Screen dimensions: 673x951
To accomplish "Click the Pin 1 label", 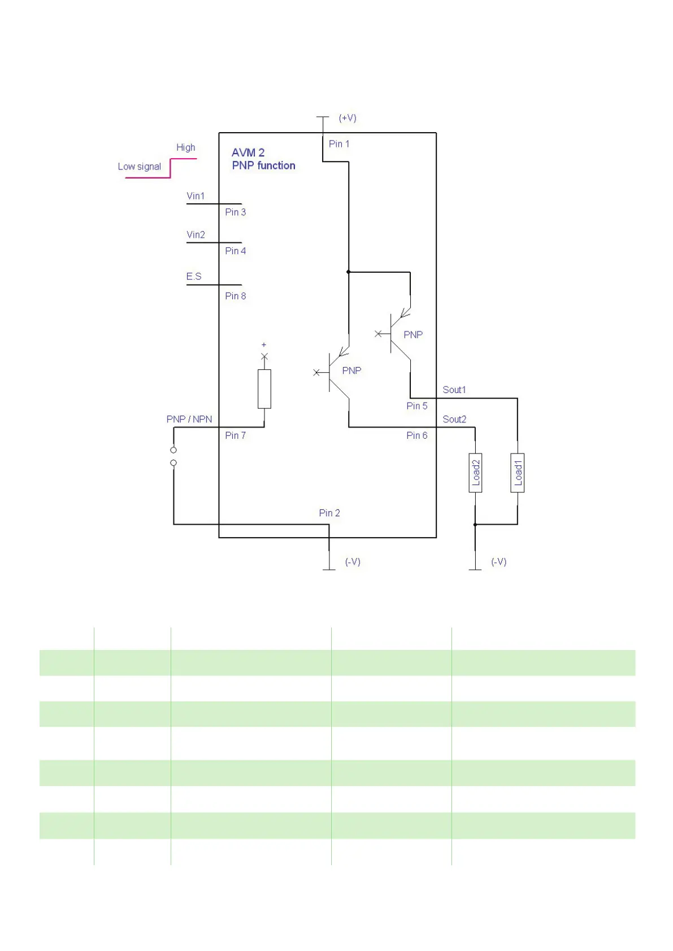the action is click(x=339, y=144).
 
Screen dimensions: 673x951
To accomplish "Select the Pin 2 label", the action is click(x=329, y=513).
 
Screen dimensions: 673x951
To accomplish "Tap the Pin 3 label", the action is click(x=235, y=212).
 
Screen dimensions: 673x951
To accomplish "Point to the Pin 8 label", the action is click(x=235, y=296).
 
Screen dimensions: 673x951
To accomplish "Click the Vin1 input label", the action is click(x=196, y=196).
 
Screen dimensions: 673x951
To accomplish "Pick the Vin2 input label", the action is click(x=196, y=234).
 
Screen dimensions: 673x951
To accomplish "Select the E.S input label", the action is click(x=194, y=276).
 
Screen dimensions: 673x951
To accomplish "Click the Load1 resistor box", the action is click(x=517, y=473).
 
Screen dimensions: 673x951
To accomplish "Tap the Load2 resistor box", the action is click(x=475, y=473).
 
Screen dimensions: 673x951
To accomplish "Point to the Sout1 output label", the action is click(x=454, y=390).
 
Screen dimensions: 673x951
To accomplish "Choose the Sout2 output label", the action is click(x=454, y=419).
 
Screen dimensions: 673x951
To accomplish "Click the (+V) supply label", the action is click(x=348, y=118).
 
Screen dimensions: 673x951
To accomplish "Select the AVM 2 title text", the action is click(x=248, y=152).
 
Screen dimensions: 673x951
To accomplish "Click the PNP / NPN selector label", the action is click(x=189, y=419).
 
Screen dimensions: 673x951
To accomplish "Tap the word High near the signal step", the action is click(x=185, y=147).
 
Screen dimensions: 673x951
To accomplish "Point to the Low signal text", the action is click(x=139, y=167).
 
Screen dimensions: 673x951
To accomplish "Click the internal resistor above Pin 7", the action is click(x=264, y=389).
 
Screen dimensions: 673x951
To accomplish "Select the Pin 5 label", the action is click(x=417, y=406).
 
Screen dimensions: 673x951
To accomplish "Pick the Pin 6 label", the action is click(x=417, y=435).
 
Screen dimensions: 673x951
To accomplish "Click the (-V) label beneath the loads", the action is click(x=498, y=562).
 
